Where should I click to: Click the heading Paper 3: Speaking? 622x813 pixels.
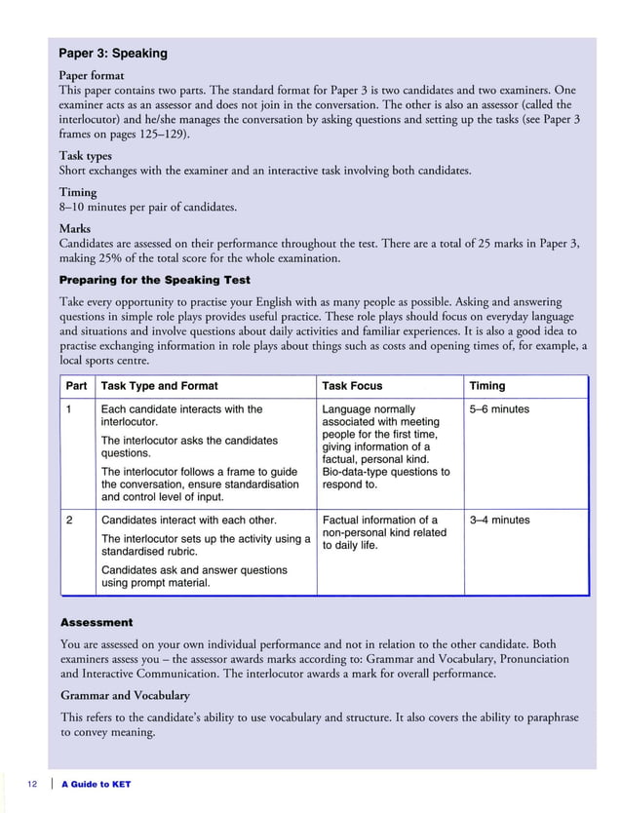point(113,54)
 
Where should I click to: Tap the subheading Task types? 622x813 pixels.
point(86,155)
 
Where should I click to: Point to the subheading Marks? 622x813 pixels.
point(75,228)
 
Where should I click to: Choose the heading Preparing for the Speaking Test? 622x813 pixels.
point(154,280)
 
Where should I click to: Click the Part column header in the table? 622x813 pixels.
point(76,386)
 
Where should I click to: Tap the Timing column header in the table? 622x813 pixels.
point(486,386)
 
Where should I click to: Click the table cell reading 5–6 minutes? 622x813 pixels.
point(499,409)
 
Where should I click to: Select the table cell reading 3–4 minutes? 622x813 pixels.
point(499,521)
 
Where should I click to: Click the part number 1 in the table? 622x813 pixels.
point(69,409)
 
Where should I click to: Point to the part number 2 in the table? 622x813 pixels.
point(69,521)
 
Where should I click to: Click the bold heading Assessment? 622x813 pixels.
point(97,622)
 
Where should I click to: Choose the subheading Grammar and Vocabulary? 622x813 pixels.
point(125,695)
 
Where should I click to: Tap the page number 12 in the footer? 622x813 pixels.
point(34,785)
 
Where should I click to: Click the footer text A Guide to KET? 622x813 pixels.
point(96,785)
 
